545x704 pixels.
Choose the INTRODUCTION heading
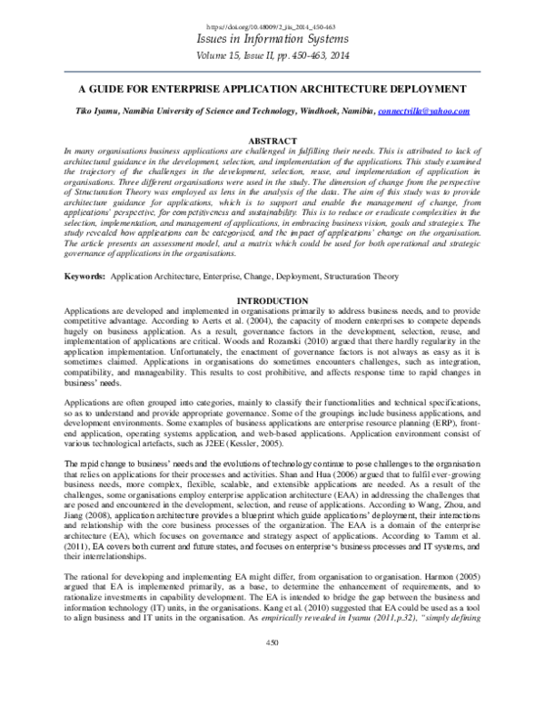pos(272,300)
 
